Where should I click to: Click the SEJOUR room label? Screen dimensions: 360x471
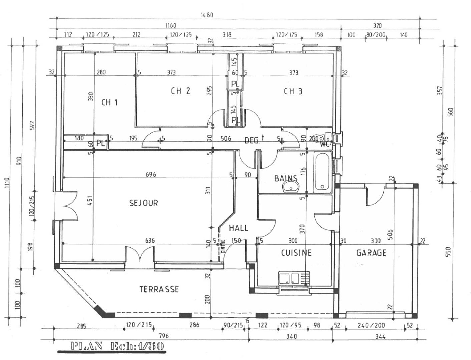coord(143,203)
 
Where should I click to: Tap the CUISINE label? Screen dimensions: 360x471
coord(296,253)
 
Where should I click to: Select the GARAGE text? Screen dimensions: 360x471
coord(371,253)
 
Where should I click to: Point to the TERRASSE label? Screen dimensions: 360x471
coord(159,289)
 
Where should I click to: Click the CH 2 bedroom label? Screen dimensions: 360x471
coord(180,91)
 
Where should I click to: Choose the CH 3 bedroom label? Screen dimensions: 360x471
coord(293,91)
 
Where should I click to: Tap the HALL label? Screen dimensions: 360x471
coord(238,228)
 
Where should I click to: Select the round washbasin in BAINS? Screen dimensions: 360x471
coord(290,187)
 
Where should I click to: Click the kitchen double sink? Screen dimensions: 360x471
coord(289,278)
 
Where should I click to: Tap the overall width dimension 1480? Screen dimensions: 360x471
coord(207,15)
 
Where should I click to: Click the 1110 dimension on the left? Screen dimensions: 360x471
coord(7,183)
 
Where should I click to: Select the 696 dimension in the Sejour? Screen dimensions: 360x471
coord(151,174)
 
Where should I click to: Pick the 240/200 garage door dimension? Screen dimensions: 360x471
coord(371,325)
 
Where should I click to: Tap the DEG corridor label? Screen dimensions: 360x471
coord(252,141)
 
